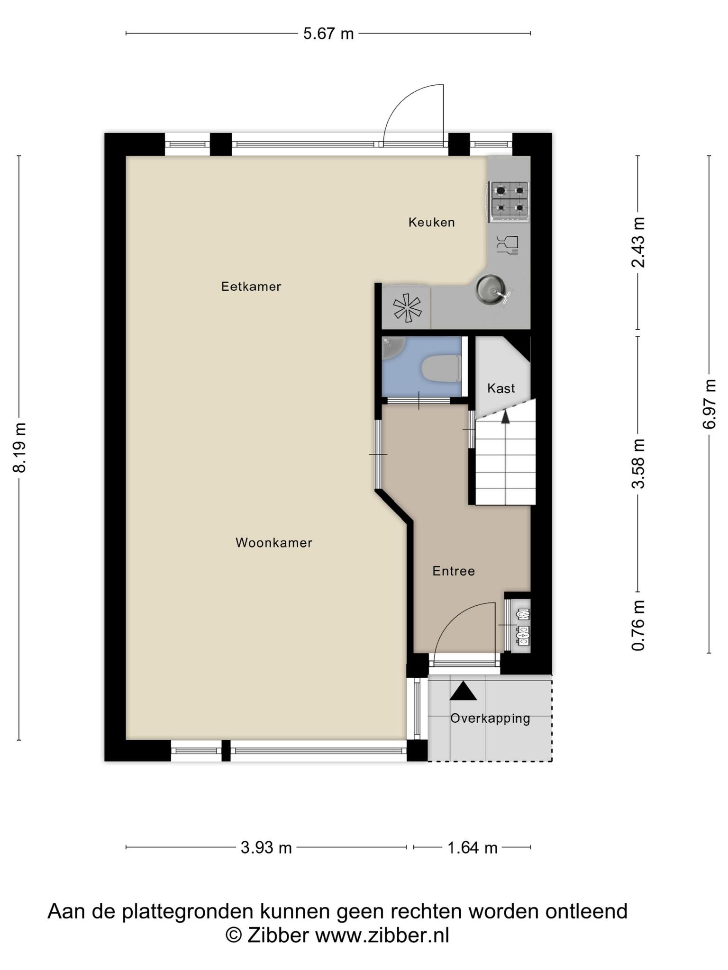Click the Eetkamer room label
[x=251, y=287]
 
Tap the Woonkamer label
[x=274, y=543]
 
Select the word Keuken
[x=432, y=222]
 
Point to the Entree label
[x=454, y=571]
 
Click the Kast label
[x=501, y=388]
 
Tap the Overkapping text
[x=490, y=719]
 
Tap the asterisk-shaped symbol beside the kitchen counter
[x=407, y=308]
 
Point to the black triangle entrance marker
[x=463, y=691]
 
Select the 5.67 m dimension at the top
[x=328, y=34]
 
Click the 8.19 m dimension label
[x=20, y=448]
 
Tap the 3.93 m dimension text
[x=266, y=847]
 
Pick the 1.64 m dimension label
[x=473, y=847]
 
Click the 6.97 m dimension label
[x=710, y=404]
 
